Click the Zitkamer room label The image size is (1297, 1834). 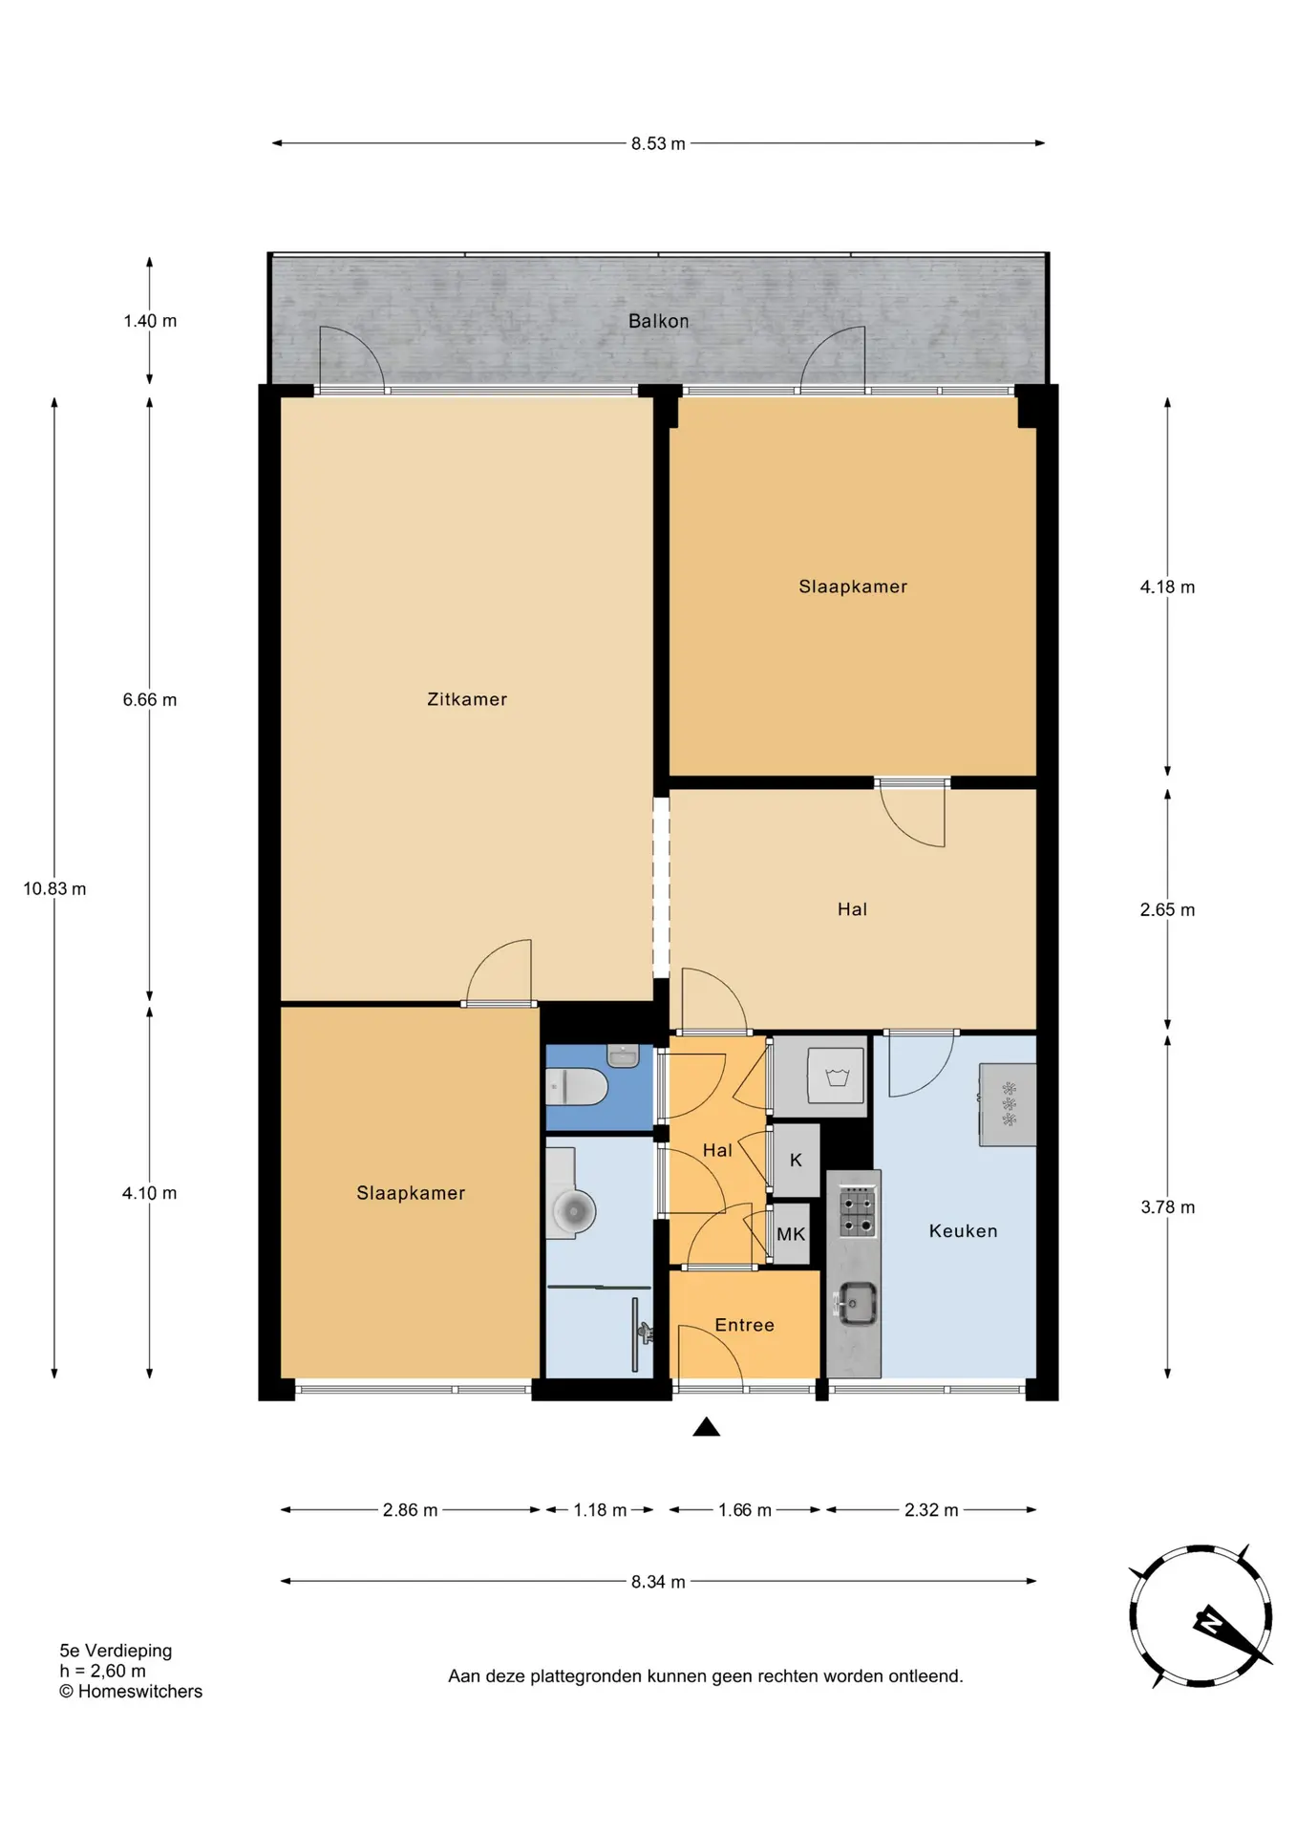pos(467,699)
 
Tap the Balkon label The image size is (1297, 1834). pos(658,321)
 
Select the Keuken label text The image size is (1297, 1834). pos(963,1231)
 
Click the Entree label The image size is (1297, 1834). pos(744,1325)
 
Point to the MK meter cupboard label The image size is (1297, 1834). pos(791,1234)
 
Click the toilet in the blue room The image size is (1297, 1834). pos(577,1087)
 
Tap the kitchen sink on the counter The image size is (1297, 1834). pos(857,1304)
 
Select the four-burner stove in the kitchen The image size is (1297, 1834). pos(857,1212)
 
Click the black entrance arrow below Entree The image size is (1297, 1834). pos(706,1427)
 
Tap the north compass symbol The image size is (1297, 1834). pos(1201,1616)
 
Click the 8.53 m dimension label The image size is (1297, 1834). pos(658,143)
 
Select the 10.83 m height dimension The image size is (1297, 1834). pos(54,888)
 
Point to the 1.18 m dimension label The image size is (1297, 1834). pos(600,1510)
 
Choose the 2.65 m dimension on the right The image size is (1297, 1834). pos(1167,909)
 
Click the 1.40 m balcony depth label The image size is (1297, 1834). pos(150,321)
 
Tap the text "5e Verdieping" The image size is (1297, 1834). pos(116,1651)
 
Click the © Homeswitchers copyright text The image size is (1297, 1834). pos(131,1692)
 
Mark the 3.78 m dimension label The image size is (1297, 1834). pos(1167,1207)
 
